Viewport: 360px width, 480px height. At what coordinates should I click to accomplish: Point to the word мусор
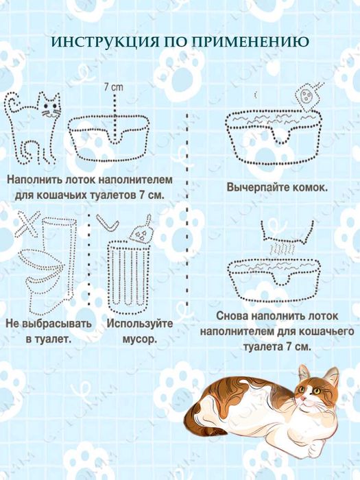137,338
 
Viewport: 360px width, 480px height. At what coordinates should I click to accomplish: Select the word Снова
232,317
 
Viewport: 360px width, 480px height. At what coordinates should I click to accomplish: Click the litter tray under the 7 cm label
113,136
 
